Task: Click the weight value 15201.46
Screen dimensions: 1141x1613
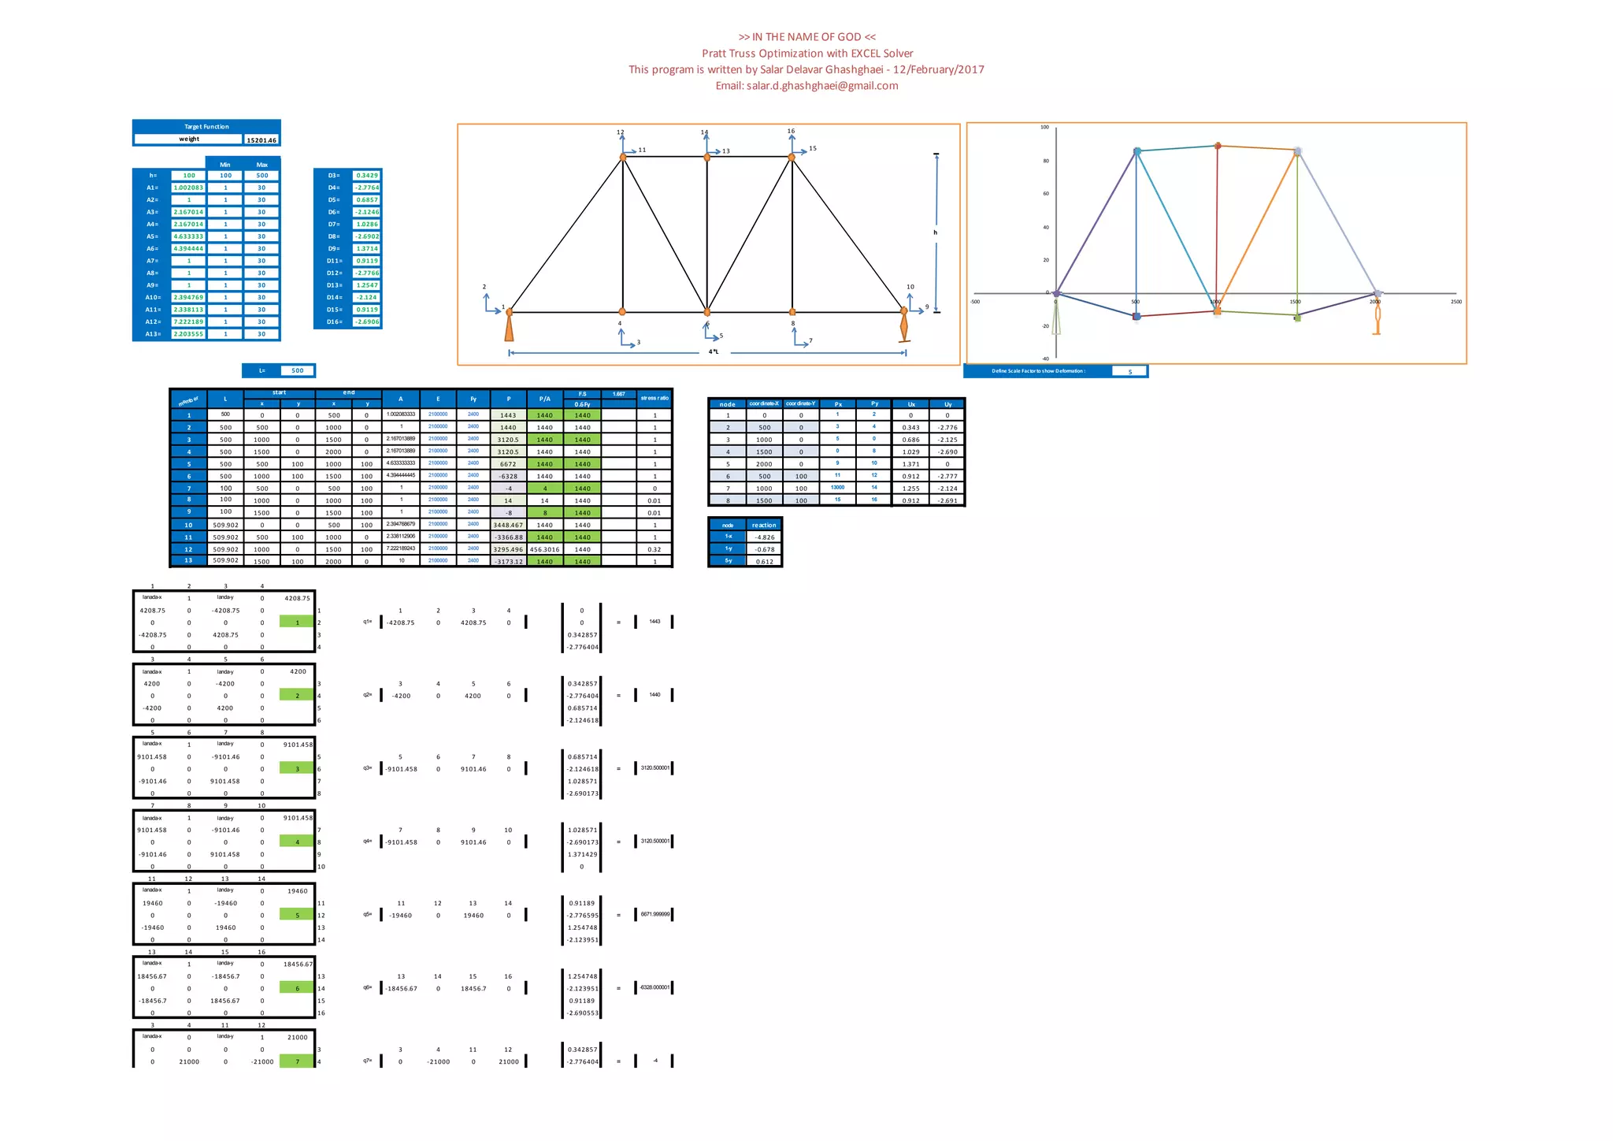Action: click(261, 140)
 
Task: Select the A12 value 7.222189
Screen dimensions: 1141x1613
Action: click(189, 321)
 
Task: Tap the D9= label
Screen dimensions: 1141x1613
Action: click(334, 248)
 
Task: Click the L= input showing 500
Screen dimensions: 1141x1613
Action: click(297, 370)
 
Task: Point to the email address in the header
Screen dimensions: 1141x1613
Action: click(806, 86)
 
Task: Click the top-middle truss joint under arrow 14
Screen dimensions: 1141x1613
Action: click(706, 158)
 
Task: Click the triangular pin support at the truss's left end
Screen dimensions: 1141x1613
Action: click(510, 327)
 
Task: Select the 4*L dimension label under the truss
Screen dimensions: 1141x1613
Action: click(713, 351)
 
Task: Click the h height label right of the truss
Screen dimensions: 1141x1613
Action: click(936, 232)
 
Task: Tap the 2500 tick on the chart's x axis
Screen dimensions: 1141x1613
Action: click(1455, 302)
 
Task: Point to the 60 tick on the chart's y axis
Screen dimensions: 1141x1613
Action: click(1045, 194)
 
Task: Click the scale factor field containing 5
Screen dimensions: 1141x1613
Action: click(1129, 371)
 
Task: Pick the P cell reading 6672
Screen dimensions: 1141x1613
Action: click(508, 464)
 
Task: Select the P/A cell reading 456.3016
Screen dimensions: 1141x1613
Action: click(544, 549)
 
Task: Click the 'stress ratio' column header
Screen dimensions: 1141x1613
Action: click(654, 398)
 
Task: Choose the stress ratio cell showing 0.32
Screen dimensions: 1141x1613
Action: click(654, 549)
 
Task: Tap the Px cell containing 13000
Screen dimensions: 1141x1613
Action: click(837, 488)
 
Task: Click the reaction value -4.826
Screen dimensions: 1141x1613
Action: click(763, 537)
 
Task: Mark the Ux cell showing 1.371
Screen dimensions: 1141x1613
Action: click(910, 464)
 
